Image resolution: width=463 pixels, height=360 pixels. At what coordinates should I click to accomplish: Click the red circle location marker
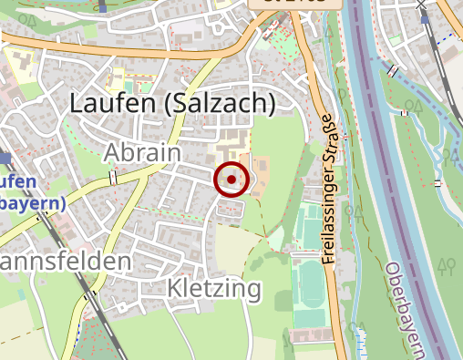coord(231,180)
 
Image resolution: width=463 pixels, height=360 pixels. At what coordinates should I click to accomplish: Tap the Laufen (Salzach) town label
coord(172,104)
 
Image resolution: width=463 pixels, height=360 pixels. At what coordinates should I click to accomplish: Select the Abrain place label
coord(142,151)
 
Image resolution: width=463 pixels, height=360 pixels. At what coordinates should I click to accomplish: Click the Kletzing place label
coord(214,290)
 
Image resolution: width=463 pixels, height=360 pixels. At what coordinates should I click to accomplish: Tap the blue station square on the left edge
coord(5,158)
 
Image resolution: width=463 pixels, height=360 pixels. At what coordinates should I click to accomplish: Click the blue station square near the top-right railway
coord(422,5)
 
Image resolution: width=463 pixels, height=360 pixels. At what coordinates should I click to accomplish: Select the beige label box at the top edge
coord(296,5)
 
